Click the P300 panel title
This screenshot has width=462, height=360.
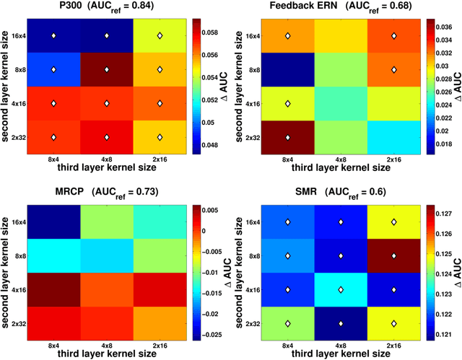point(106,7)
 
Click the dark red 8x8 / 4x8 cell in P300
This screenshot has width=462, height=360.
point(106,69)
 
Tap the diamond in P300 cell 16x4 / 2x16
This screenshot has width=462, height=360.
point(160,35)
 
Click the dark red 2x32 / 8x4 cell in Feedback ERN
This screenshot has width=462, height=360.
point(287,137)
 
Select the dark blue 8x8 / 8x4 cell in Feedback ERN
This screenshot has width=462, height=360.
point(287,69)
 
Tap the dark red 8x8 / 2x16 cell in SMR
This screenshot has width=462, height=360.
point(394,255)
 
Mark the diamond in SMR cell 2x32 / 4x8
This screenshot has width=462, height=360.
point(341,322)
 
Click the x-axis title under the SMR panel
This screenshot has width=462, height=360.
point(341,354)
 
